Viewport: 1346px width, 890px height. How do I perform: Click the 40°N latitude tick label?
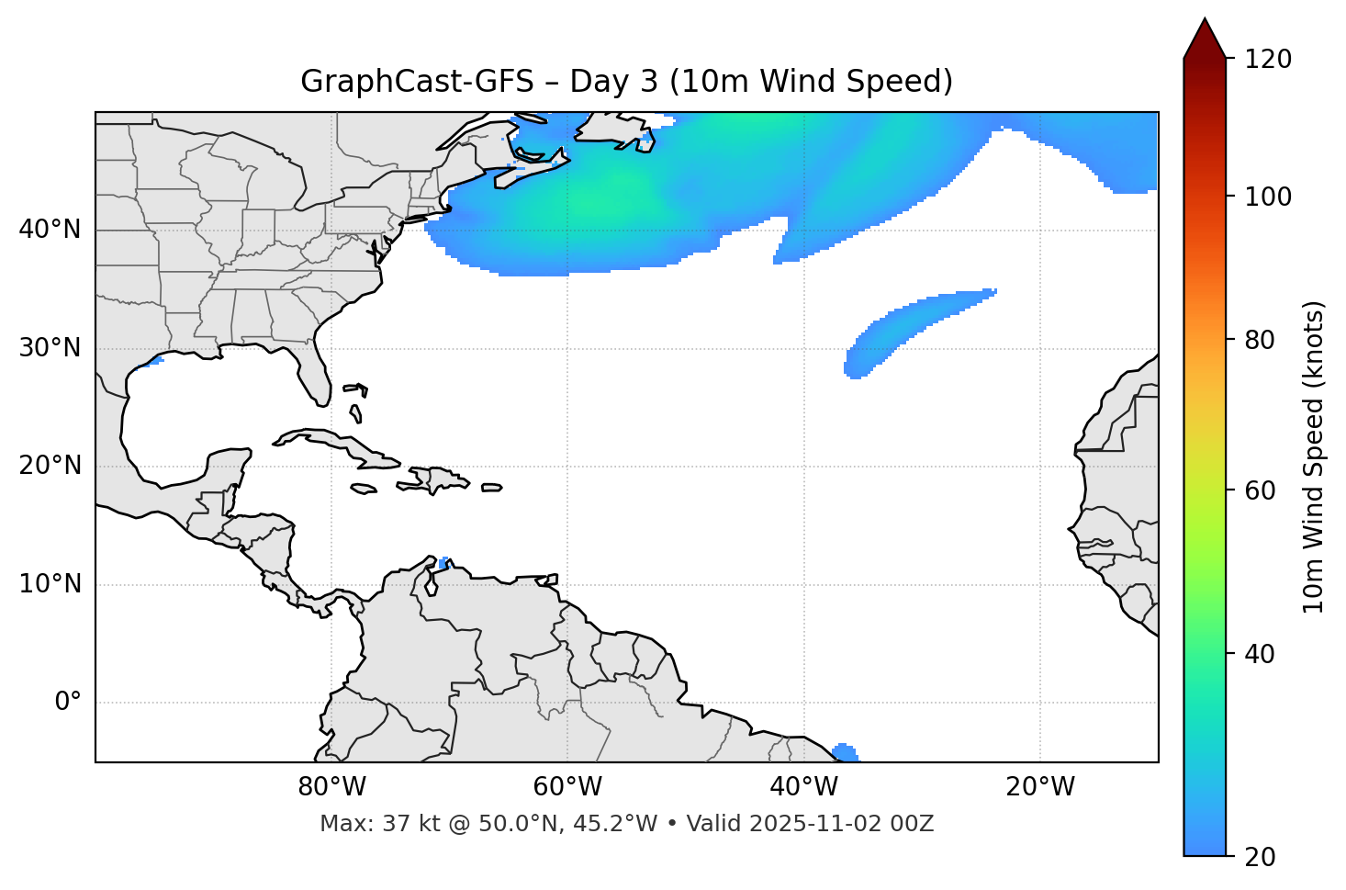(x=50, y=230)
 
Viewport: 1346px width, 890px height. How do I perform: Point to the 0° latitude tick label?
(x=68, y=703)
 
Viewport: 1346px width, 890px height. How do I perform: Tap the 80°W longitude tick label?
(x=331, y=787)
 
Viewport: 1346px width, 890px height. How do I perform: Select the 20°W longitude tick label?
(x=1040, y=787)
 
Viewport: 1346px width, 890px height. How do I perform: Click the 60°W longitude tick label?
(x=567, y=787)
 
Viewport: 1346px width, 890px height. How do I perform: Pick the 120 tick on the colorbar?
(x=1269, y=60)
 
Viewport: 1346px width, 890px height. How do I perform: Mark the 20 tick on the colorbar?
(x=1261, y=857)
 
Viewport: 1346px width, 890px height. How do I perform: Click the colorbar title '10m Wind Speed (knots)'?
(x=1315, y=456)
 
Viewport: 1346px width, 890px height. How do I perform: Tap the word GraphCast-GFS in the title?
(x=417, y=82)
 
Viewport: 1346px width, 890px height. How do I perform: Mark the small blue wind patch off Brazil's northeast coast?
(x=846, y=753)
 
